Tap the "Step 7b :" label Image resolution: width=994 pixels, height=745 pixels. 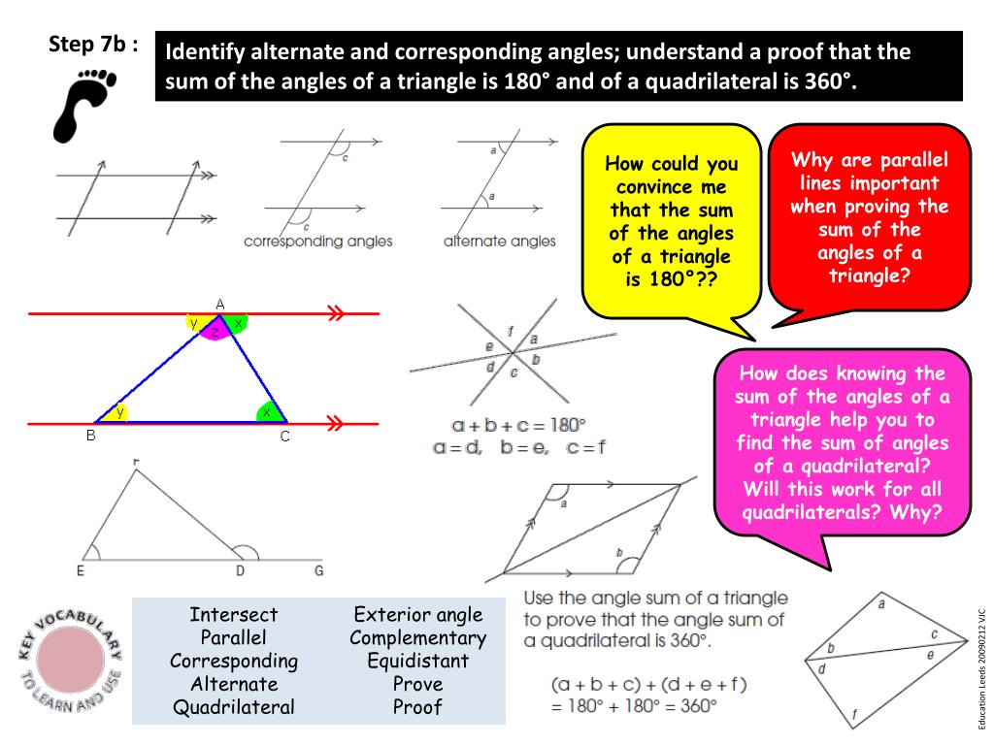pyautogui.click(x=92, y=45)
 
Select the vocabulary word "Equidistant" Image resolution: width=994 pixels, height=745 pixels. pyautogui.click(x=417, y=661)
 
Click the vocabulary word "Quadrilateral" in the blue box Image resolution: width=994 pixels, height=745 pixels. pyautogui.click(x=233, y=707)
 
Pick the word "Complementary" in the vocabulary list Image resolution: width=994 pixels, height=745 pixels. pyautogui.click(x=417, y=637)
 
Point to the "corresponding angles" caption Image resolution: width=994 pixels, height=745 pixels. pyautogui.click(x=317, y=241)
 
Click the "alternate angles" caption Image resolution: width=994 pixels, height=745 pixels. pyautogui.click(x=499, y=241)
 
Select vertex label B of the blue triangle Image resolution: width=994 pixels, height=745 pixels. pyautogui.click(x=90, y=437)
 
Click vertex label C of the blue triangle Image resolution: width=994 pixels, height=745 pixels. pyautogui.click(x=285, y=437)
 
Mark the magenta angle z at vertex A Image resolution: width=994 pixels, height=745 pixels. pyautogui.click(x=215, y=332)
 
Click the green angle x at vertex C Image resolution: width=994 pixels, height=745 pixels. pyautogui.click(x=266, y=413)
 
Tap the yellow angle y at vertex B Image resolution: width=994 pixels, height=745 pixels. pyautogui.click(x=118, y=413)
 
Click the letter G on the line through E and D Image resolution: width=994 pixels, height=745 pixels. pyautogui.click(x=318, y=570)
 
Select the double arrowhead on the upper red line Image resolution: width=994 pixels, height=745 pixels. pyautogui.click(x=336, y=313)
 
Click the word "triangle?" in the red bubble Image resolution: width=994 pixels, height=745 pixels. pyautogui.click(x=869, y=275)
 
